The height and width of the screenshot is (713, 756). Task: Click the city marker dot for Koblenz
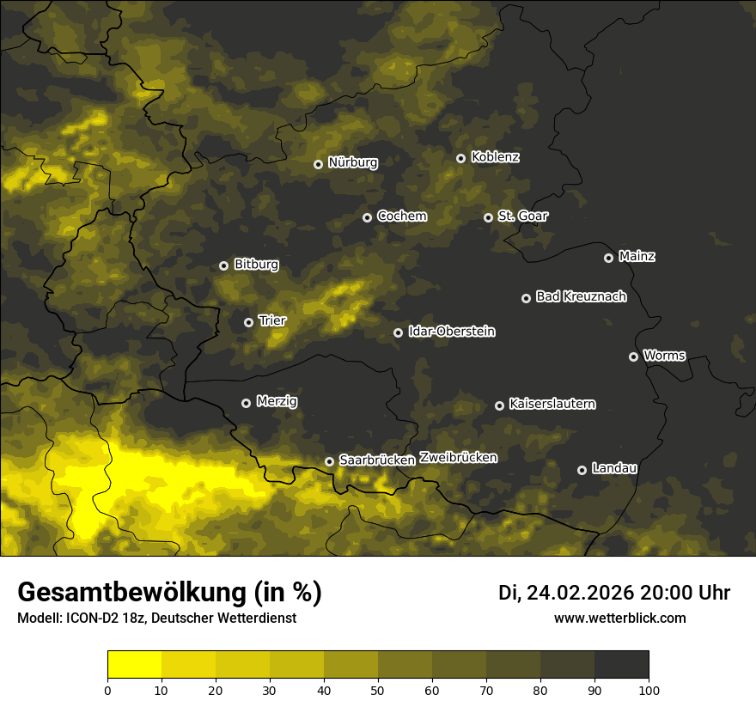(x=460, y=158)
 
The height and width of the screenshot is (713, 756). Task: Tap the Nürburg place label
(x=352, y=162)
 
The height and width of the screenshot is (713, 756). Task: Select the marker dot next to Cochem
(x=367, y=217)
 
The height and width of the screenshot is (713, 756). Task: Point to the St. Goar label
(x=522, y=216)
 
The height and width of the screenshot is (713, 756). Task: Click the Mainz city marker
(x=608, y=258)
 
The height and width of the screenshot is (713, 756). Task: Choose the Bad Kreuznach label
(x=581, y=297)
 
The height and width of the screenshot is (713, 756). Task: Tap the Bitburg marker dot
(x=223, y=265)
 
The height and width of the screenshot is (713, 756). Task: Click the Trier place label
(x=272, y=321)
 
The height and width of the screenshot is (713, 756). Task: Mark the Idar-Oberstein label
(x=451, y=332)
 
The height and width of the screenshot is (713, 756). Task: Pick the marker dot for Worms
(x=633, y=356)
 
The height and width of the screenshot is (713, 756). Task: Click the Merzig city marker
(x=246, y=403)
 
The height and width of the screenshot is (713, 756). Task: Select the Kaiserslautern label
(x=552, y=404)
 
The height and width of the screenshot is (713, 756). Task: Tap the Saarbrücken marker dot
(x=329, y=461)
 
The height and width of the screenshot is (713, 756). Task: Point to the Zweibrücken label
(x=458, y=458)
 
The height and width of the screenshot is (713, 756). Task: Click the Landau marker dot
(x=582, y=470)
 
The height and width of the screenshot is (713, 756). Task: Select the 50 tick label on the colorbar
(x=378, y=690)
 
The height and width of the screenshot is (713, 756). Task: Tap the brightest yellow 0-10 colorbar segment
(x=135, y=665)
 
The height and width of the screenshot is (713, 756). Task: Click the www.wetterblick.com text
(x=619, y=618)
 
